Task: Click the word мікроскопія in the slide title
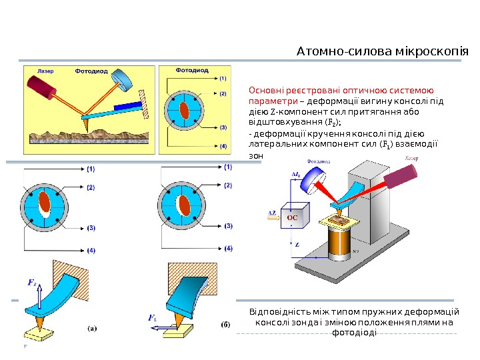[x=433, y=52]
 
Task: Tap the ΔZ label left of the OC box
[x=273, y=213]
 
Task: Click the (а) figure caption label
[x=93, y=327]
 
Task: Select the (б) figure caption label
[x=226, y=325]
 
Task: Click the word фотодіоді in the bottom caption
[x=354, y=332]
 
